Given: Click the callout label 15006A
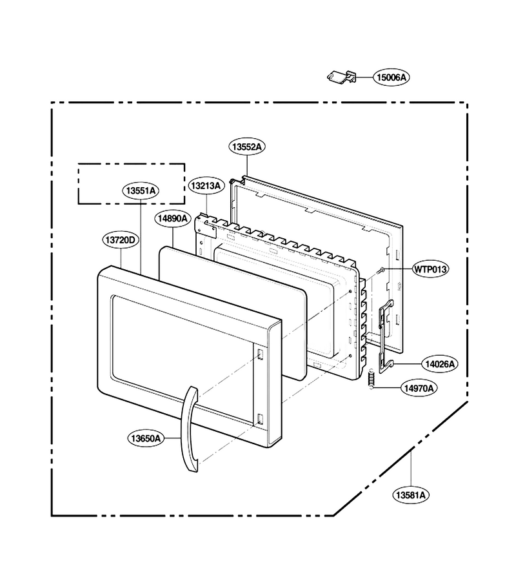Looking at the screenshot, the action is (392, 77).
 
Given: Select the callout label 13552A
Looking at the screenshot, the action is (246, 147).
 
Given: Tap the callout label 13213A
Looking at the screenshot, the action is (206, 186).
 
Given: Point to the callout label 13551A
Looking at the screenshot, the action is (141, 191).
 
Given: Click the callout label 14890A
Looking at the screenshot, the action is (172, 219).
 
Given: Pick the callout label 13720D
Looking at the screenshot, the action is (121, 240).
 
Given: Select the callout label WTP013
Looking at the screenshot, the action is (430, 269).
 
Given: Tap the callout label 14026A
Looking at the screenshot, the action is (440, 364).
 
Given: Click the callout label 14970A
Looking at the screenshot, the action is (419, 388).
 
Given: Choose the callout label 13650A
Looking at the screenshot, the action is (146, 438).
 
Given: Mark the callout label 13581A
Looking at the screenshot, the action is (411, 494).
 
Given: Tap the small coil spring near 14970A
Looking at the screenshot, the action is (370, 379).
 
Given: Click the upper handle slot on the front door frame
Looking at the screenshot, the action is (260, 354).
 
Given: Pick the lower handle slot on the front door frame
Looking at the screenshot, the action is (259, 419).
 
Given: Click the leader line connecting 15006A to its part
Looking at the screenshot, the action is (364, 77).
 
